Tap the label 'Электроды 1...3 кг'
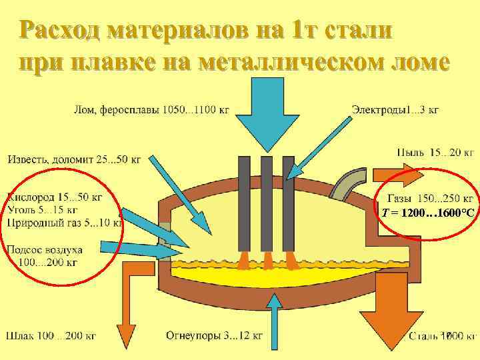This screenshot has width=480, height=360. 395,109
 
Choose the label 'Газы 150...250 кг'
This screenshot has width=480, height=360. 431,198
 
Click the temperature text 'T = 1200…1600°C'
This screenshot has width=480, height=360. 427,213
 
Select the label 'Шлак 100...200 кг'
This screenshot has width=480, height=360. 51,335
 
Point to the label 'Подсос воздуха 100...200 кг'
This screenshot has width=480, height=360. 45,255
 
